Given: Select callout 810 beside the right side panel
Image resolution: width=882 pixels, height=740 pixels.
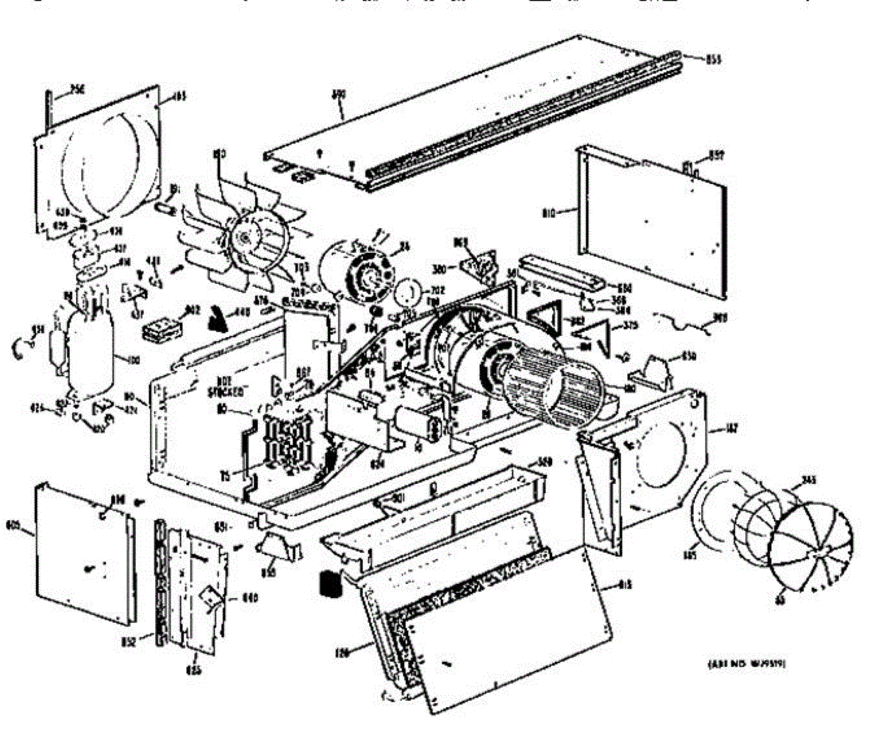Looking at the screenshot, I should click(x=567, y=214).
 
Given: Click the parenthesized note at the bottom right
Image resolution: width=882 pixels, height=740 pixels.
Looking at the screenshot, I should click(x=747, y=663).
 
